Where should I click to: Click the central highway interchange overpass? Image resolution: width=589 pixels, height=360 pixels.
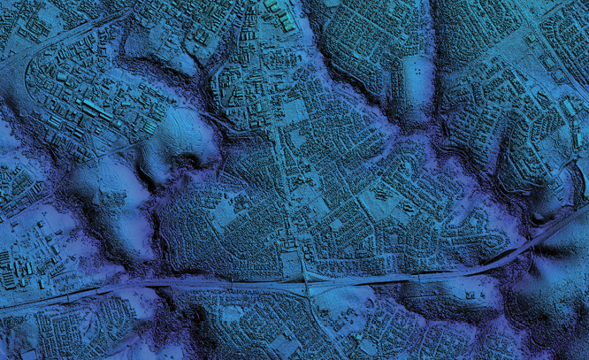tap(304, 281)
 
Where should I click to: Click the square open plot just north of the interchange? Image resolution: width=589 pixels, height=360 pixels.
tap(290, 263)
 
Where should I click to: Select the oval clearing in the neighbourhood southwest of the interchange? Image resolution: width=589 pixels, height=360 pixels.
tap(232, 313)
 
